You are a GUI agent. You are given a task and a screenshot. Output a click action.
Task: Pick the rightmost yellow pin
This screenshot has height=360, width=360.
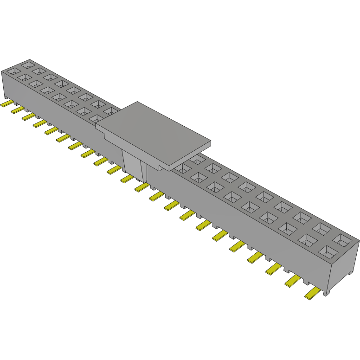[x=313, y=293]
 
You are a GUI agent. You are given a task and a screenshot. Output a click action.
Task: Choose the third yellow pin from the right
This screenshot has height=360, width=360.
[x=274, y=268]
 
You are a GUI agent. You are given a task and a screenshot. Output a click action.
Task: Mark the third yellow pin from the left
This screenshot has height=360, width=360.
[x=29, y=116]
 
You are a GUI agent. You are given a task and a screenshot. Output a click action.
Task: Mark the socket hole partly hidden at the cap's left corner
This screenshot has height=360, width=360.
[x=96, y=119]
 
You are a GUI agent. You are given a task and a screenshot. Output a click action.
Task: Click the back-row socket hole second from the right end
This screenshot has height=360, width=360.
[x=323, y=228]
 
